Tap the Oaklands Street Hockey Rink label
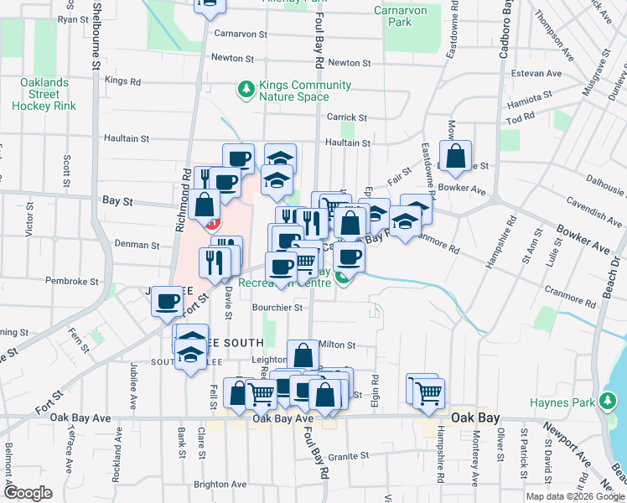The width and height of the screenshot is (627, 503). point(44,94)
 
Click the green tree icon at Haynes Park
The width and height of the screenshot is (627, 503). point(608,403)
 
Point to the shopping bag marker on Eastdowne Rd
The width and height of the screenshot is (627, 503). point(454,157)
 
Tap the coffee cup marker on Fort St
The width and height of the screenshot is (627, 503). point(167,301)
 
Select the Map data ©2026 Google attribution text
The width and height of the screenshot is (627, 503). point(575,496)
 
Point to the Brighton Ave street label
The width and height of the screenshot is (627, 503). point(220,485)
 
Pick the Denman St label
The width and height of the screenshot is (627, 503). point(137,246)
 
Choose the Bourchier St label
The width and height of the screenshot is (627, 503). point(277,308)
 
